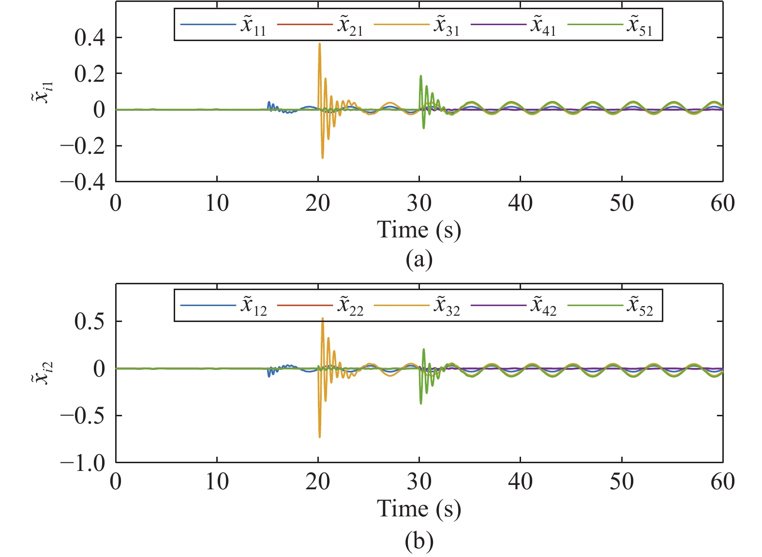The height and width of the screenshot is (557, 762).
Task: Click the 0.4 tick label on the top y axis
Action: click(x=90, y=38)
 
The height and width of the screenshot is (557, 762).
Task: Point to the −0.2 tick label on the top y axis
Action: click(x=82, y=146)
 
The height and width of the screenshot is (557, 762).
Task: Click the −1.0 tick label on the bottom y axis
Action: click(x=82, y=463)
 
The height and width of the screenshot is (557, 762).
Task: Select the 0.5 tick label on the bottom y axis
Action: click(x=90, y=321)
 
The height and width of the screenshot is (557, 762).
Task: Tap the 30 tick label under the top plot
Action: click(x=419, y=203)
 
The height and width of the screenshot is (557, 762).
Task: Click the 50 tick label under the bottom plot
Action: click(x=621, y=482)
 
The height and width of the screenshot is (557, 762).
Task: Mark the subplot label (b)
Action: click(x=419, y=542)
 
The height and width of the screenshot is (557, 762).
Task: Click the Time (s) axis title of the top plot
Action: click(x=419, y=230)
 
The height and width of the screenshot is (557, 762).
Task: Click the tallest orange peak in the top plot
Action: click(x=319, y=44)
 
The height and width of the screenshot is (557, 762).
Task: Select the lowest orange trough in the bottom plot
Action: click(x=319, y=437)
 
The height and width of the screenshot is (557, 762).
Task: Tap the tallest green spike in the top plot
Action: click(x=421, y=76)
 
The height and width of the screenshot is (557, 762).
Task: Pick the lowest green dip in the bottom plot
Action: click(x=421, y=403)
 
